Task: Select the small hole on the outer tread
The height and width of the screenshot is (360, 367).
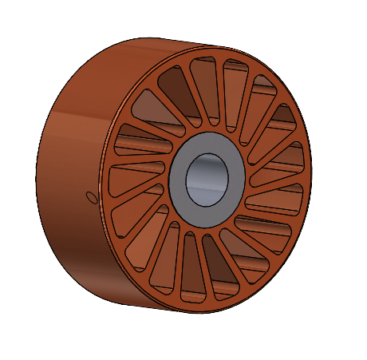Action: coord(91,195)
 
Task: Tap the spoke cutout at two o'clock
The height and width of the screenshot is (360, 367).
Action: coord(275,128)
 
